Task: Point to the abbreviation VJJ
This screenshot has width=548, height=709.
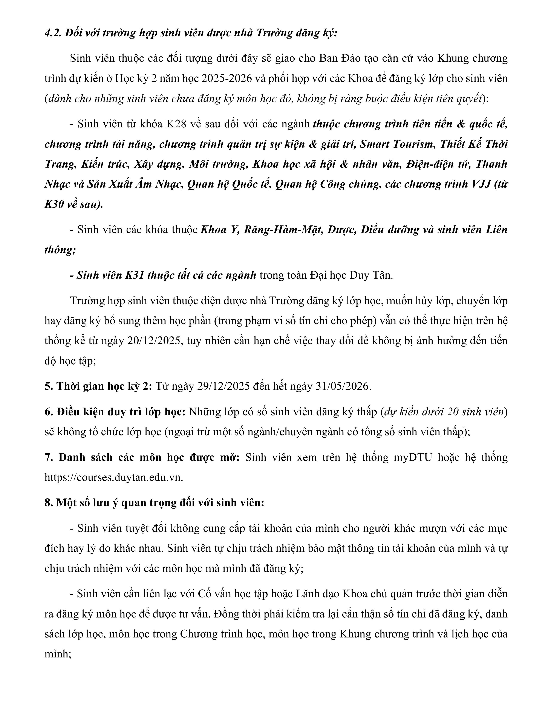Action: coord(480,184)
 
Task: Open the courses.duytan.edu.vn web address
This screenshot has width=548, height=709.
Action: coord(114,477)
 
